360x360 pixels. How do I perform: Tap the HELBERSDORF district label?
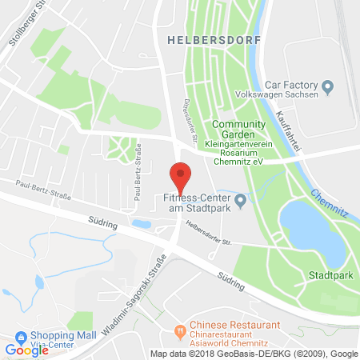[x=200, y=38]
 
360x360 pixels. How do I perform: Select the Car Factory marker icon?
[x=326, y=86]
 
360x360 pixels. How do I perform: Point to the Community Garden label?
[x=244, y=124]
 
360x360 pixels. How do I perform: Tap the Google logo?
[x=26, y=350]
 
